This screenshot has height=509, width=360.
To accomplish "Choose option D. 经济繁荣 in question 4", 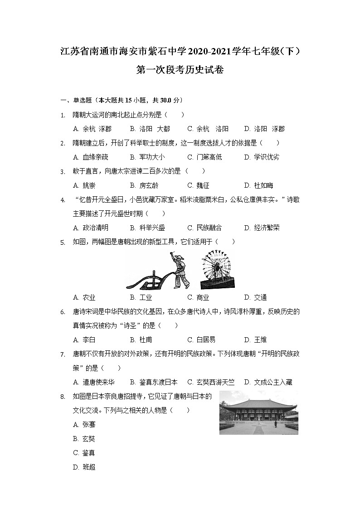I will (262, 228).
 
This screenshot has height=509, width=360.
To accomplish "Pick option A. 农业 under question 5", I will (84, 297).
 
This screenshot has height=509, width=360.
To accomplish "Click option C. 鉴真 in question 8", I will (84, 453).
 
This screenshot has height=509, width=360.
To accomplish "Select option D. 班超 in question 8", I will (84, 467).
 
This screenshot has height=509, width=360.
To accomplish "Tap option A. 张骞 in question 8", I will (84, 425).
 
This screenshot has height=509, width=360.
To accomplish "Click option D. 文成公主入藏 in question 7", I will (268, 382).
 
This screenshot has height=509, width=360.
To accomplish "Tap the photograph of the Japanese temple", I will (258, 412).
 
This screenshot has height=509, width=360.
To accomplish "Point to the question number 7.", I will (63, 354).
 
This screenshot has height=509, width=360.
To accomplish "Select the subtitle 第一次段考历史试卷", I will (180, 70).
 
